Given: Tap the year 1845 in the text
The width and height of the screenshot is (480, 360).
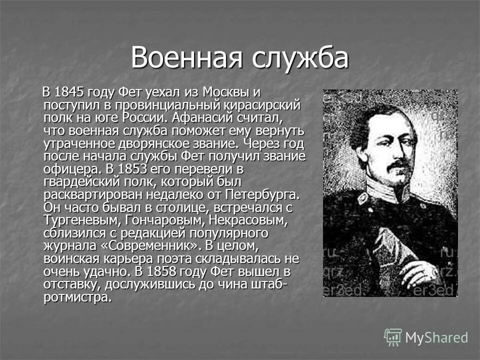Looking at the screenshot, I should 70,92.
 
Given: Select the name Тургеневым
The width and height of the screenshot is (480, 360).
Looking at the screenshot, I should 78,220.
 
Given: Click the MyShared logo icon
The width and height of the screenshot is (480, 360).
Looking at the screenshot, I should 392,337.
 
